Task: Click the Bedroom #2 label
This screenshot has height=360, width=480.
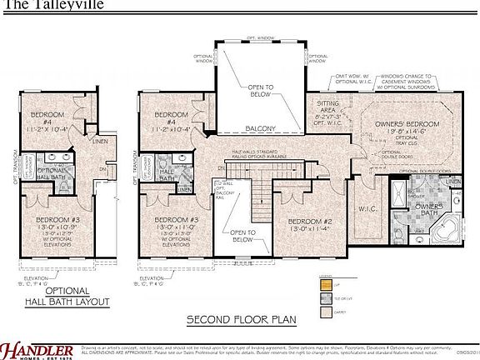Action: pyautogui.click(x=310, y=222)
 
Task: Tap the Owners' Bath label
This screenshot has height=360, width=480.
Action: pyautogui.click(x=428, y=207)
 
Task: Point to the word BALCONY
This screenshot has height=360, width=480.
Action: pyautogui.click(x=261, y=127)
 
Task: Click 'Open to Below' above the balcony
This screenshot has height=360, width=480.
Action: pyautogui.click(x=261, y=89)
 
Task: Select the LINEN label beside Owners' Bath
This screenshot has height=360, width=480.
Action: pyautogui.click(x=452, y=181)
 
